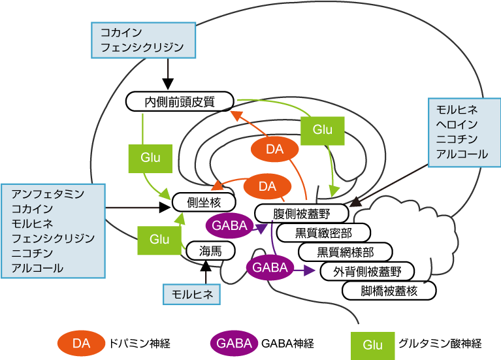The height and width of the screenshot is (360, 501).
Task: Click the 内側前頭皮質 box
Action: coord(180,101)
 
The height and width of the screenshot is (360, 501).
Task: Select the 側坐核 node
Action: coord(203,202)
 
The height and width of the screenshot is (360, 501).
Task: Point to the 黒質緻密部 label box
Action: coord(323,233)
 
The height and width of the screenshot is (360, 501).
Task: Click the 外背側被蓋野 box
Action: coord(367,271)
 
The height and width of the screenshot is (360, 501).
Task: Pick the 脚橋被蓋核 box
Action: coord(389,291)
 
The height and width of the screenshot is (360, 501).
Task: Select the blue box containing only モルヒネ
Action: coord(192,294)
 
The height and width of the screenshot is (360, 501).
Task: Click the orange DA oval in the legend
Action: coord(81,343)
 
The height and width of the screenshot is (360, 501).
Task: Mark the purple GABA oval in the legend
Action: coord(234,343)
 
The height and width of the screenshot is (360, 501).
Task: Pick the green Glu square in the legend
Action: coord(372,344)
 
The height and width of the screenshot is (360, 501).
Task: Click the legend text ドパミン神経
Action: coord(142,343)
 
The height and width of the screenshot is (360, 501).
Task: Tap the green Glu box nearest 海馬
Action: coord(159,239)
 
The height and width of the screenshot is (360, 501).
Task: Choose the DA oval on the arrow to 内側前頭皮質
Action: coord(275,150)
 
